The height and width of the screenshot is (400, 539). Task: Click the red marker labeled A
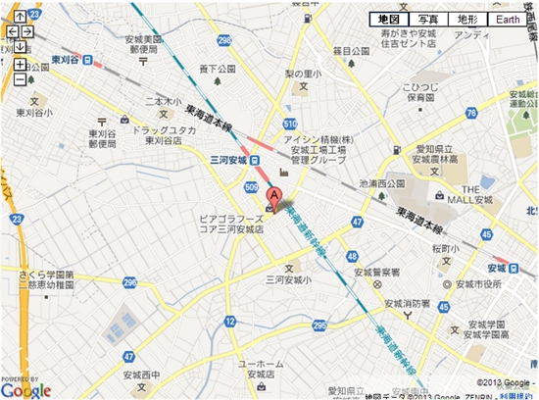(x=275, y=196)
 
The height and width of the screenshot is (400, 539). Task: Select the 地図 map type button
(x=388, y=20)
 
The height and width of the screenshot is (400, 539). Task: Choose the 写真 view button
(x=427, y=20)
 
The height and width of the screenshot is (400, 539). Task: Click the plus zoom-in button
(x=20, y=65)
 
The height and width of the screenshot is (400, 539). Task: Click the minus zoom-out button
(x=20, y=78)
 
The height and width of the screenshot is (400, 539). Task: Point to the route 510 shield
(x=290, y=124)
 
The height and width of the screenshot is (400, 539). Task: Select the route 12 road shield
(x=229, y=321)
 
